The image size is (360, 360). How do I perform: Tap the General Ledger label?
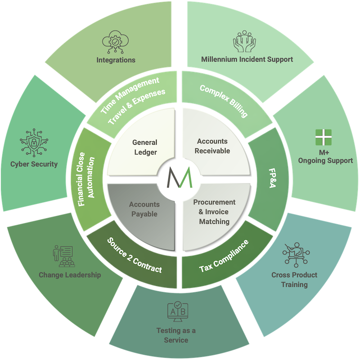(145, 147)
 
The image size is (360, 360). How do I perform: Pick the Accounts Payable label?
(144, 209)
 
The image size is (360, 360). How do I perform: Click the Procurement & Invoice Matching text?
(214, 212)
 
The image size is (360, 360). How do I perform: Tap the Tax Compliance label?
(224, 257)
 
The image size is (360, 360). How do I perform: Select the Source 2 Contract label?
(135, 255)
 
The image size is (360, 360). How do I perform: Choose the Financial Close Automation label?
(86, 179)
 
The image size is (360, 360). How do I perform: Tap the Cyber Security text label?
(34, 164)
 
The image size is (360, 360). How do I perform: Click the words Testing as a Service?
(176, 335)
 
